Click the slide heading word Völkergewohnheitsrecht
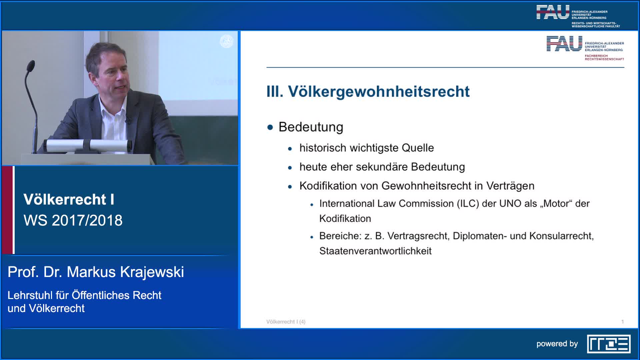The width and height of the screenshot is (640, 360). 379,92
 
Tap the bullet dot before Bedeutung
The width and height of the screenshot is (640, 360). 270,127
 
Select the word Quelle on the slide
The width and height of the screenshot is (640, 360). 418,148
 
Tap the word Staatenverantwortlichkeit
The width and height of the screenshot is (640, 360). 375,251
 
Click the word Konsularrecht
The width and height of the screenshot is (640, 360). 561,236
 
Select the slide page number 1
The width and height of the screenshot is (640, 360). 622,322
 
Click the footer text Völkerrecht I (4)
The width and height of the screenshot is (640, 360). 286,322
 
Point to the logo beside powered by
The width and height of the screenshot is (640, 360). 609,344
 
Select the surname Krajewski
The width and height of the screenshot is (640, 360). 152,272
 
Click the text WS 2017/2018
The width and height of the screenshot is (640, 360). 73,220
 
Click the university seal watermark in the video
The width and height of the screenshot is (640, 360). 227,41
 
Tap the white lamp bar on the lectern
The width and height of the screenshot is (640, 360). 88,146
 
